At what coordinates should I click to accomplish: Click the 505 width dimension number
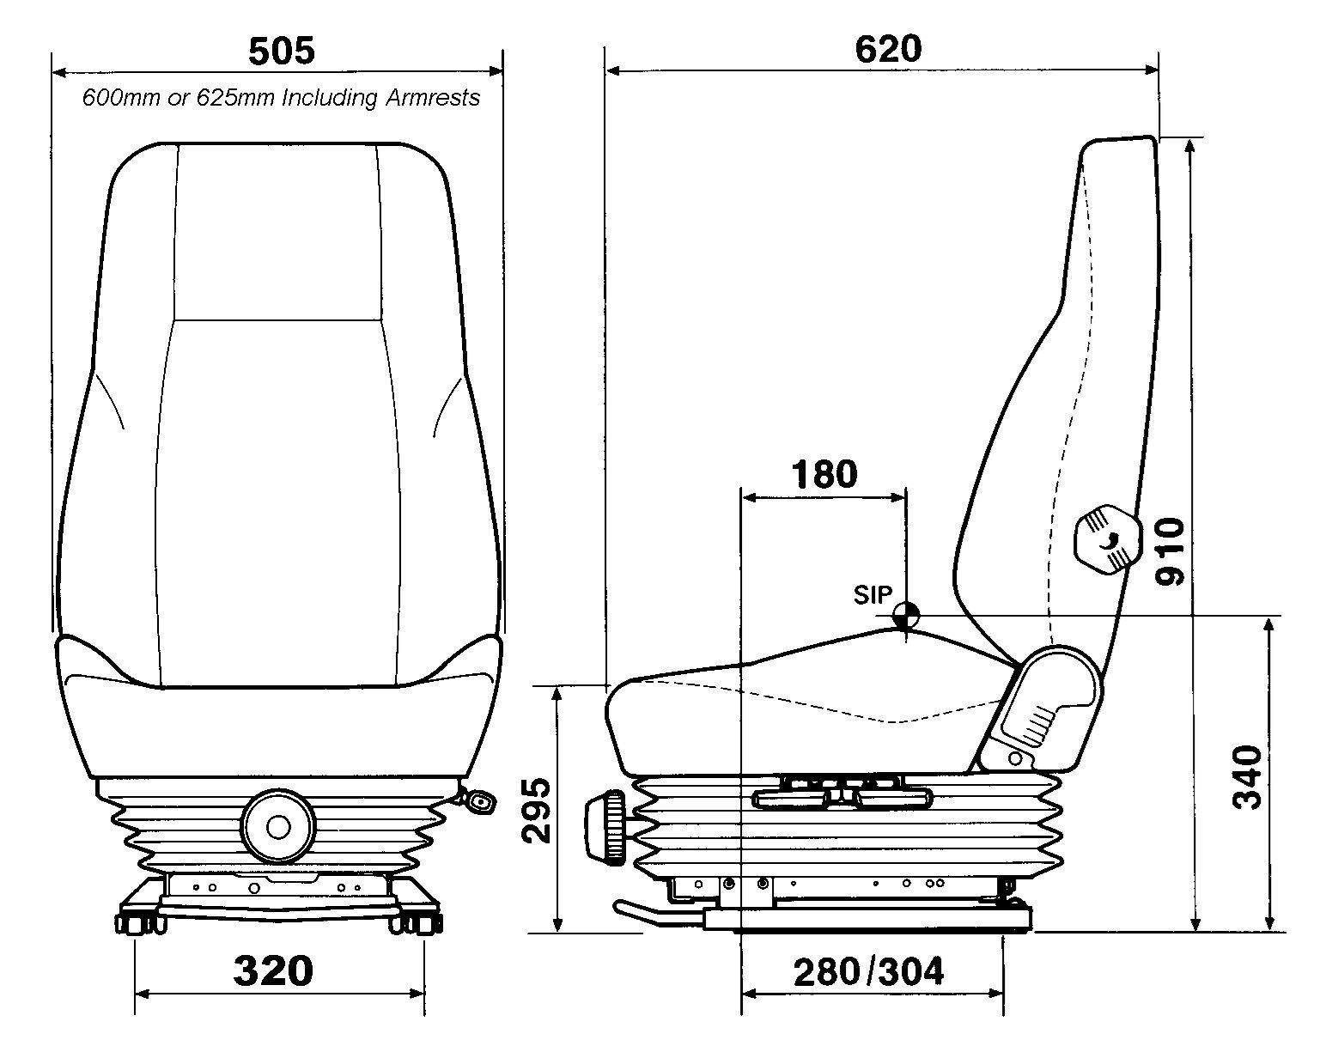[x=281, y=52]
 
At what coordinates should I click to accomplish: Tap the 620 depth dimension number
[x=887, y=49]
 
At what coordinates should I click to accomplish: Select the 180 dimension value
[x=824, y=474]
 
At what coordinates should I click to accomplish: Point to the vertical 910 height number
[x=1170, y=551]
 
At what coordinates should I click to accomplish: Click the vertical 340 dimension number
[x=1247, y=777]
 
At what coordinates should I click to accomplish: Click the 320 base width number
[x=273, y=970]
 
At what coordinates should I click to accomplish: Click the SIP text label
[x=873, y=594]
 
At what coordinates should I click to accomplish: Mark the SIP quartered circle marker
[x=905, y=614]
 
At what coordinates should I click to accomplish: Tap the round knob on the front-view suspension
[x=277, y=827]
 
